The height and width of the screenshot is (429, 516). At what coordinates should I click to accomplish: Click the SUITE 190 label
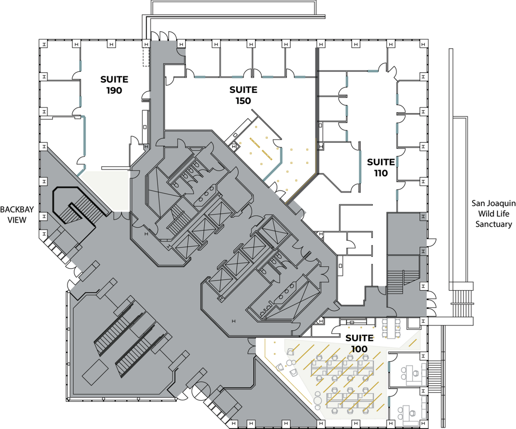click(114, 85)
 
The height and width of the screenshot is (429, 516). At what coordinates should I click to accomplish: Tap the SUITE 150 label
click(243, 95)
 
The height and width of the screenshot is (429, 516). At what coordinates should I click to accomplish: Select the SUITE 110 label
click(381, 168)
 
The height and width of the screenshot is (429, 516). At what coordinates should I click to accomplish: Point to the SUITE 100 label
click(359, 343)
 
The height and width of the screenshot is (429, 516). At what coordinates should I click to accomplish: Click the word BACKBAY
click(17, 210)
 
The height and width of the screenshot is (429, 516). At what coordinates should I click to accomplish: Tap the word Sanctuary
click(494, 224)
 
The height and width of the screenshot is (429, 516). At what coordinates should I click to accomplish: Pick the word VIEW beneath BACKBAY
click(17, 220)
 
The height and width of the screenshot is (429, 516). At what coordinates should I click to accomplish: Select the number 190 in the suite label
click(114, 90)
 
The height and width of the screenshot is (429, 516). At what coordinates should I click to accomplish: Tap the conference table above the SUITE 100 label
click(391, 328)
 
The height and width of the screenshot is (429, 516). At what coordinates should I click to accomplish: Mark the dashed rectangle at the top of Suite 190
click(146, 57)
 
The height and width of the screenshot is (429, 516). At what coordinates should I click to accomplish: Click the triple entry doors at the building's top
click(164, 36)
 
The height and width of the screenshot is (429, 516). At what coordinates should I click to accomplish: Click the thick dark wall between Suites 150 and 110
click(317, 111)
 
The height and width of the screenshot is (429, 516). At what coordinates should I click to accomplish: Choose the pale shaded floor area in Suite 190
click(106, 190)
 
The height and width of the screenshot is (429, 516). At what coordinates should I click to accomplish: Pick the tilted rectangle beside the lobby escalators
click(95, 372)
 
